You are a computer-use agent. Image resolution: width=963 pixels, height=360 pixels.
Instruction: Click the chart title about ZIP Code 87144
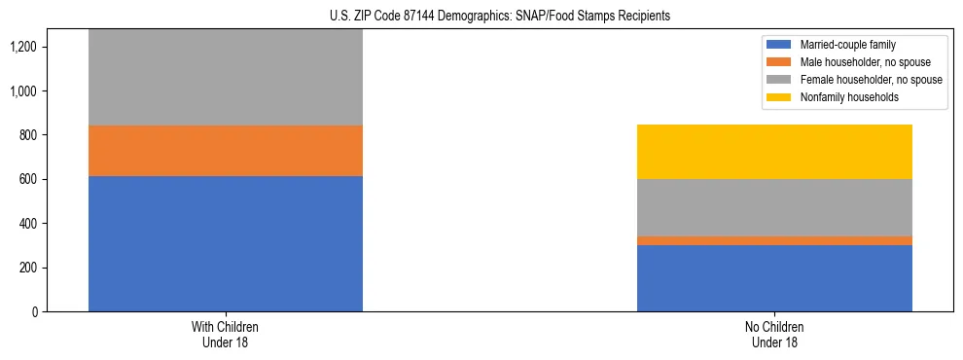point(481,17)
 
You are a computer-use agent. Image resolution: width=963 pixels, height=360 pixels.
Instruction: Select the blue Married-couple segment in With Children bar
point(226,243)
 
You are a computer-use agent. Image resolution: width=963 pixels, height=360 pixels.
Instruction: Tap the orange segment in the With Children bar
point(226,151)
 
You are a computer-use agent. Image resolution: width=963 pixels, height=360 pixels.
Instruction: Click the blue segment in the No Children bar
point(774,278)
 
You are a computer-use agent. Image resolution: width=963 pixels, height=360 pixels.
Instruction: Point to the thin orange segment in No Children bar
point(774,240)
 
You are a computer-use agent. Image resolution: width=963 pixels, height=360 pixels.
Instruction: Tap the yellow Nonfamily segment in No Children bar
point(774,152)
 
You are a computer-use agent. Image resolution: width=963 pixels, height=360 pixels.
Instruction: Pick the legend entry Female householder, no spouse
point(871,80)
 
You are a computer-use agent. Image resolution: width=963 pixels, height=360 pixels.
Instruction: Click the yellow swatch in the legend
point(779,97)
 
